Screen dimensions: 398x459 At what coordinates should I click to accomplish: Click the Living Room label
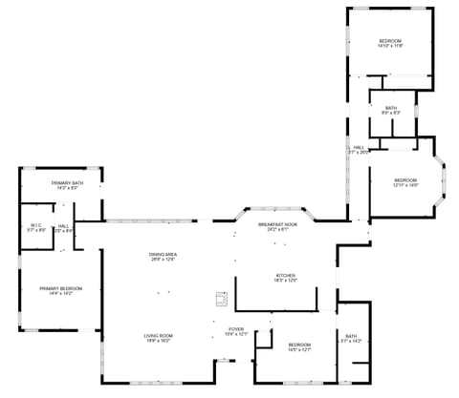point(158,337)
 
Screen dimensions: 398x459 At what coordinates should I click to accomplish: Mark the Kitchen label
point(286,276)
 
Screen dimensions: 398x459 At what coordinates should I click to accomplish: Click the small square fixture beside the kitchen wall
point(222,300)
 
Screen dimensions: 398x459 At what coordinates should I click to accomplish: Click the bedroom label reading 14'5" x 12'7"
point(300,346)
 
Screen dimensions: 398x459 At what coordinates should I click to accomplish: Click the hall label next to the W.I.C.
point(63,227)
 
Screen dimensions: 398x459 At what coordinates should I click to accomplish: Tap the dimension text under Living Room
point(158,341)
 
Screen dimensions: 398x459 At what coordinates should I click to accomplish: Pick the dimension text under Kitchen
point(286,280)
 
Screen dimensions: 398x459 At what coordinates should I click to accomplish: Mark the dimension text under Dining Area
point(163,260)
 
